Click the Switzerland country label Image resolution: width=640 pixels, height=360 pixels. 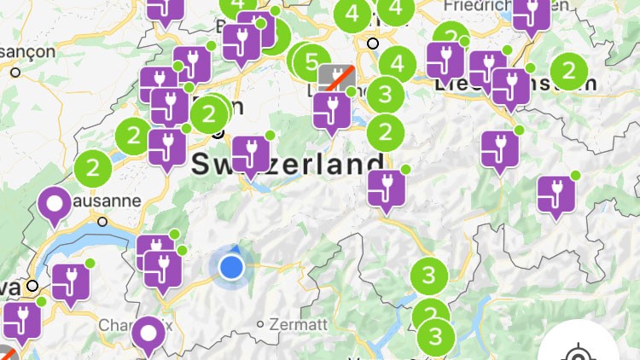[288, 165]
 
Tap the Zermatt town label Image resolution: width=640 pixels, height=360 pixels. [298, 324]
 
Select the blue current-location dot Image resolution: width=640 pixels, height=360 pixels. [231, 268]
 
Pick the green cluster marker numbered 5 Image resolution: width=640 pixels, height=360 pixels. [311, 61]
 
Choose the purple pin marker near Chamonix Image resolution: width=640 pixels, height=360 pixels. [148, 334]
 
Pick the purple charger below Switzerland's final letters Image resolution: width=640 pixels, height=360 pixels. [387, 189]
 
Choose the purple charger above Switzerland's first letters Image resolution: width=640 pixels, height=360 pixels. [251, 154]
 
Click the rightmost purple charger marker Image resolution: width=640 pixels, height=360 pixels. [556, 196]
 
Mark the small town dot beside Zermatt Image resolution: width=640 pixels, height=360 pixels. [261, 324]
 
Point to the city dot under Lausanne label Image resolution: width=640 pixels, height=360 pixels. [102, 221]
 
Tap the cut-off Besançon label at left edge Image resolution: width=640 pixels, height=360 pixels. [26, 51]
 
